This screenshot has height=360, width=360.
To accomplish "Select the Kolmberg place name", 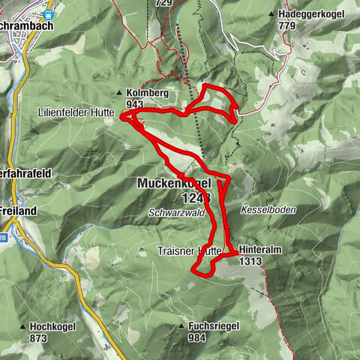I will tap(145, 94).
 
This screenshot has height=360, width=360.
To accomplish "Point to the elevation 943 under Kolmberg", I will tap(136, 104).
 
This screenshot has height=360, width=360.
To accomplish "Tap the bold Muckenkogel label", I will tap(173, 183).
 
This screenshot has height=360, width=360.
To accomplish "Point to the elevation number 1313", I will tap(250, 262).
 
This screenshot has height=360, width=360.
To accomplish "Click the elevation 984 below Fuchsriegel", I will tap(198, 337).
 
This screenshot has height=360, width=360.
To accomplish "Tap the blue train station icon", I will tap(49, 14).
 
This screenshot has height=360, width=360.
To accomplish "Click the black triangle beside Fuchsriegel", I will tap(183, 327).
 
